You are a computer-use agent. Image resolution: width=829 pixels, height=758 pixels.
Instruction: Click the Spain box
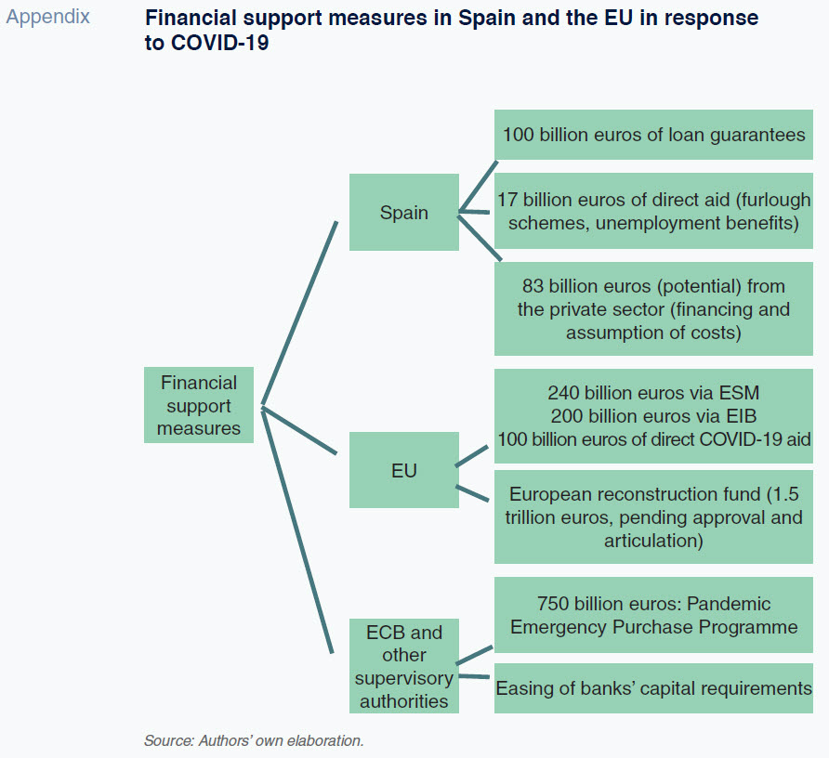coord(404,212)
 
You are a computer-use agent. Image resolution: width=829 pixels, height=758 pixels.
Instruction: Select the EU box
coord(404,470)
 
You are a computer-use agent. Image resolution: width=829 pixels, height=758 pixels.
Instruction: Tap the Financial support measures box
coord(199,405)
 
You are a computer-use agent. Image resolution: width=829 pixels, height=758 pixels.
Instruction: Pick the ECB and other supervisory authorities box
coord(404,666)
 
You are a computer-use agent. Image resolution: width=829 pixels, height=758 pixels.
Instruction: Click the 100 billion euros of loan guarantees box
coord(653,135)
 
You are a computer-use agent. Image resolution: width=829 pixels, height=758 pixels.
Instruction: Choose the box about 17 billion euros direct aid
coord(653,211)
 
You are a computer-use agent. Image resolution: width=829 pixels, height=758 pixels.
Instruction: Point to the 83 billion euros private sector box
coord(653,308)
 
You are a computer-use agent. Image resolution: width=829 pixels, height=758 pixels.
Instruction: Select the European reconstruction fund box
coord(653,517)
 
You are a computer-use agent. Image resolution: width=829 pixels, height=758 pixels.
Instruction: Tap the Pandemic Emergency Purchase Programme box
coord(653,615)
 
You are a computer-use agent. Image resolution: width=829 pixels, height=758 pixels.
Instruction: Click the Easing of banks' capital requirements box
coord(653,688)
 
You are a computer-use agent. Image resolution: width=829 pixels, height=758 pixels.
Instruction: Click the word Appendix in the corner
coord(48,17)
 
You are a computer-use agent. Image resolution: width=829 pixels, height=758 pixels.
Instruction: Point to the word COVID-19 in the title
coord(220,43)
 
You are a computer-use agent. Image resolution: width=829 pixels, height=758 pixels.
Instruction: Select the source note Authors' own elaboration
coord(254,740)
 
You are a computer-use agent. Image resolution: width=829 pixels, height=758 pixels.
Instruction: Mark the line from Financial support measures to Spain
coord(299,313)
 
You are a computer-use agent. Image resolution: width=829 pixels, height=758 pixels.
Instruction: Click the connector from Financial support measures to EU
coord(299,430)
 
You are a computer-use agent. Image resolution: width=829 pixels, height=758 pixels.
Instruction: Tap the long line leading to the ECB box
coord(297,529)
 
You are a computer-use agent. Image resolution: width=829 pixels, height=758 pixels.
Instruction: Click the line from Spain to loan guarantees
coord(478,187)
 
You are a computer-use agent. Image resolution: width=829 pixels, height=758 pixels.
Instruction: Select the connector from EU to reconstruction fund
coord(472,493)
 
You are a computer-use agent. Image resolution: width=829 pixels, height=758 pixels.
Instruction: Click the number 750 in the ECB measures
coord(553,604)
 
